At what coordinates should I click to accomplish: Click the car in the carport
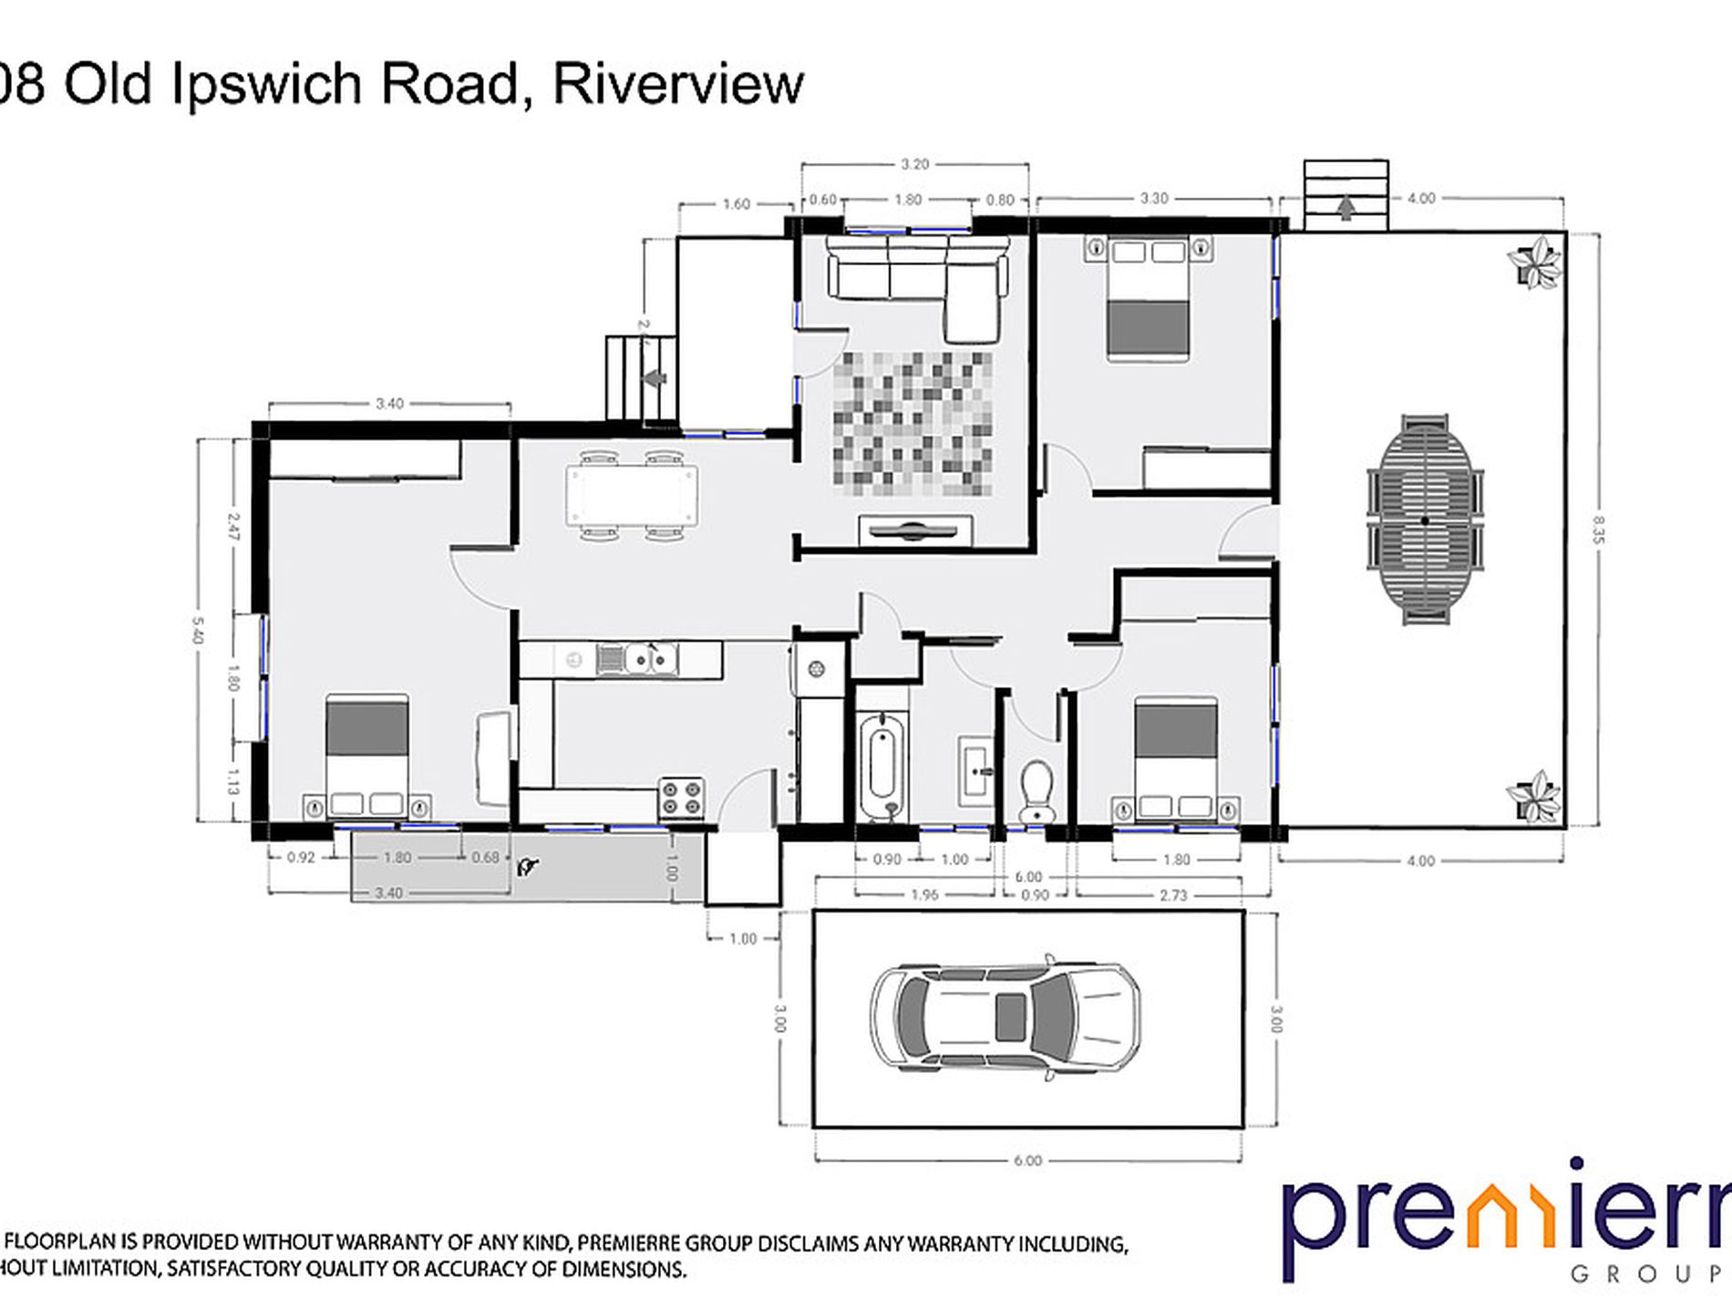[x=1005, y=1017]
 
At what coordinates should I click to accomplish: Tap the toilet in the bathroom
[x=1036, y=789]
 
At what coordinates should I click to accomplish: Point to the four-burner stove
[x=682, y=798]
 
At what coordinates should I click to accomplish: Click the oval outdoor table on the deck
[x=1425, y=521]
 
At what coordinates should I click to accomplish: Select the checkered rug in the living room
[x=912, y=424]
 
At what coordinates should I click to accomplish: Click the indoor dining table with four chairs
[x=632, y=496]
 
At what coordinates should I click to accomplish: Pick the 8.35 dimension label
[x=1598, y=530]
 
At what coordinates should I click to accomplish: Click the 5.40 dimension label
[x=198, y=630]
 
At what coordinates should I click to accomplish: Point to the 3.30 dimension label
[x=1154, y=198]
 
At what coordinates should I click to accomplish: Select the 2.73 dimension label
[x=1173, y=895]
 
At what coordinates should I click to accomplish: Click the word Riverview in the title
[x=678, y=84]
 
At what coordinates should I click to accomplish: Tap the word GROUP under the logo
[x=1650, y=1273]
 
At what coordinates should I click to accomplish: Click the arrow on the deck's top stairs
[x=1345, y=210]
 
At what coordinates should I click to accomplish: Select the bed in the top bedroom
[x=1149, y=297]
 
